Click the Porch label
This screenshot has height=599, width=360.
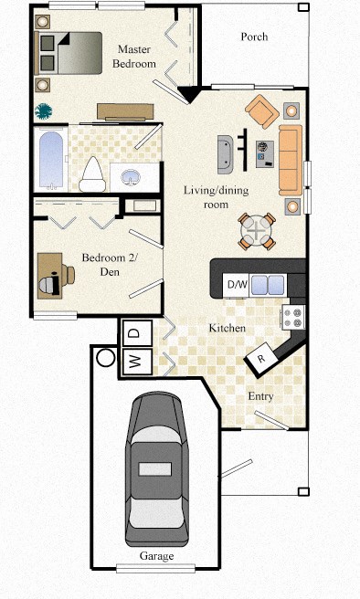click(254, 37)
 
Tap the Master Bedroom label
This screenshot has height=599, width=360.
click(134, 57)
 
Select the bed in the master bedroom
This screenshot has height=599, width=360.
click(68, 53)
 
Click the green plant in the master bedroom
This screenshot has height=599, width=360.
click(44, 111)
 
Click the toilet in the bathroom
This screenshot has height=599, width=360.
click(91, 173)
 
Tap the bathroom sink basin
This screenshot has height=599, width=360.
click(128, 175)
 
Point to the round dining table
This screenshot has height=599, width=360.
click(257, 231)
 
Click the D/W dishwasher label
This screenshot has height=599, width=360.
click(237, 285)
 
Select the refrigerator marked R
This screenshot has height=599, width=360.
click(262, 359)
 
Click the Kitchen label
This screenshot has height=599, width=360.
click(225, 327)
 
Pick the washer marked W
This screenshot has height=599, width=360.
click(134, 362)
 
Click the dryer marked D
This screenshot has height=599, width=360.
click(134, 333)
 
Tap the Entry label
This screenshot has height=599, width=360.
click(261, 396)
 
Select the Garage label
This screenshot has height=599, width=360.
click(156, 556)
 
